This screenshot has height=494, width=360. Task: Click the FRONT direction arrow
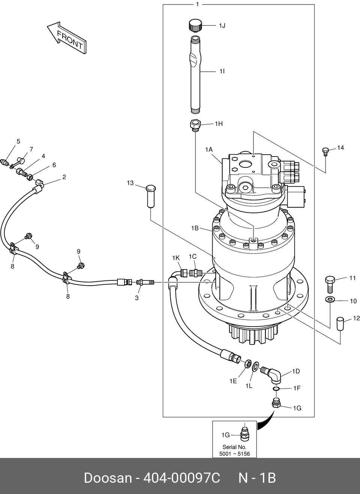(x=67, y=38)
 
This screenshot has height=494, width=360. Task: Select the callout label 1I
(x=222, y=71)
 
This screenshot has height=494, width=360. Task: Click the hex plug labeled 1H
(x=195, y=125)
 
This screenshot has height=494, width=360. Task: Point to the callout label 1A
(x=209, y=150)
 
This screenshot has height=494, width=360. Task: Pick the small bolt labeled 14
(x=325, y=152)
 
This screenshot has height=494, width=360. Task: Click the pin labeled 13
(x=151, y=196)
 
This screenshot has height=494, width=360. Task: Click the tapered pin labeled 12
(x=340, y=324)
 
